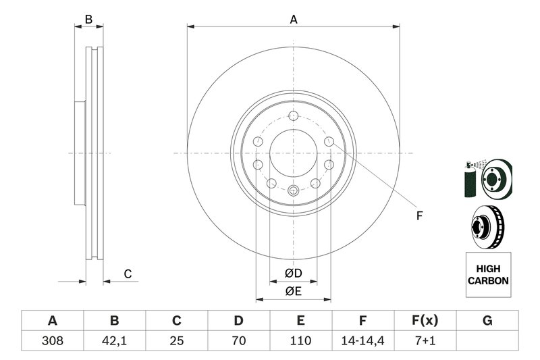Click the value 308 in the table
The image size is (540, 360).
click(x=52, y=341)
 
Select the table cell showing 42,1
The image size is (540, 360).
click(x=114, y=341)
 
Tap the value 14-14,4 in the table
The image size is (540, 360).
click(x=362, y=341)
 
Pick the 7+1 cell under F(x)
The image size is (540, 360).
click(x=425, y=341)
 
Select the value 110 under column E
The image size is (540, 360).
click(x=300, y=341)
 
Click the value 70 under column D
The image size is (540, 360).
click(x=238, y=341)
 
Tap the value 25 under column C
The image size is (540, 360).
click(x=176, y=341)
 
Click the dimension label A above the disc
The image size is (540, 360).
click(x=294, y=20)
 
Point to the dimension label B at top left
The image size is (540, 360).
click(x=88, y=20)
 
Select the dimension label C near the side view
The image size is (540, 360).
click(x=126, y=274)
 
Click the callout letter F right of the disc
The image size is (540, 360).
click(x=418, y=216)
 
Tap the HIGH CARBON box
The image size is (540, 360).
click(x=488, y=275)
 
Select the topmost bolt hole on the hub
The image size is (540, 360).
click(x=293, y=115)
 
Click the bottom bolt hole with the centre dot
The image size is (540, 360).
click(x=293, y=191)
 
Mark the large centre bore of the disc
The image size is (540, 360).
click(x=293, y=153)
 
